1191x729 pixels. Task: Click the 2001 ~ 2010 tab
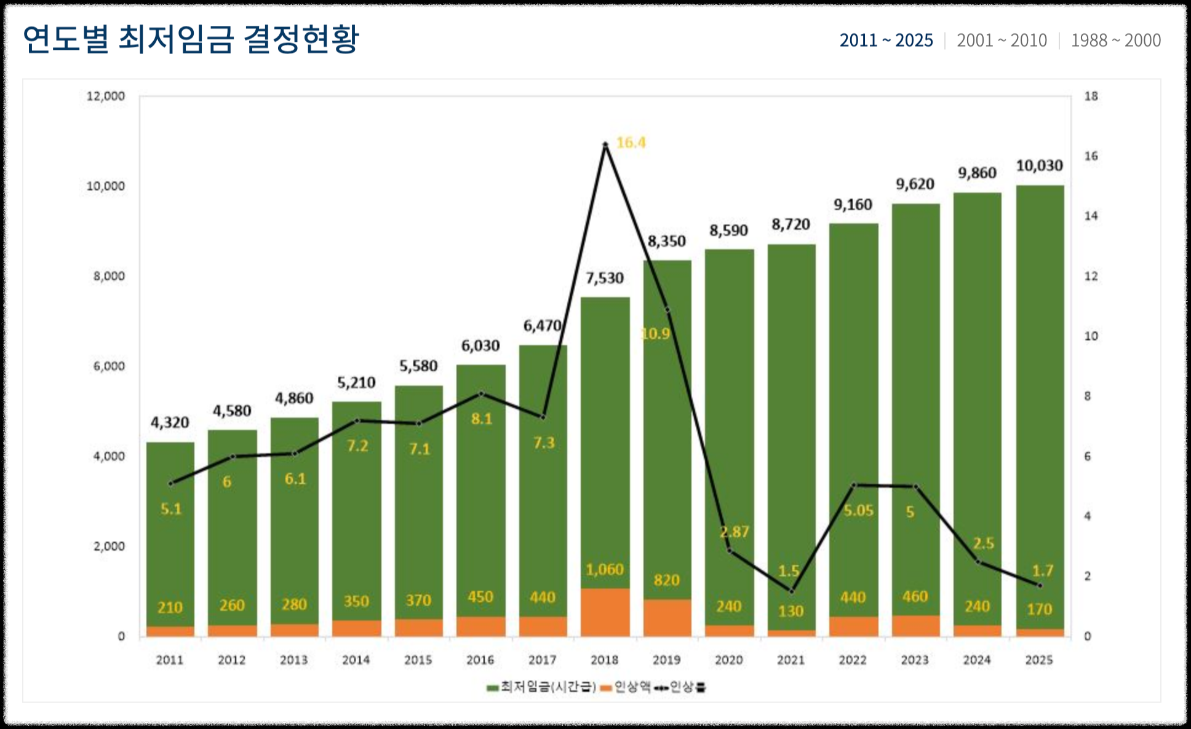click(1002, 41)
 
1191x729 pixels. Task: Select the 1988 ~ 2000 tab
click(1115, 41)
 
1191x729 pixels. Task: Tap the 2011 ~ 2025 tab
click(886, 41)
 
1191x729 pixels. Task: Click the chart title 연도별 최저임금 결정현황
click(191, 39)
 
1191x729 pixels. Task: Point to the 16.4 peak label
click(631, 143)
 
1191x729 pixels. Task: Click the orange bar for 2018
click(605, 612)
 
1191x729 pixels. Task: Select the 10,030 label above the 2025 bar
click(1039, 166)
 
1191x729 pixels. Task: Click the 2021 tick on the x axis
click(791, 660)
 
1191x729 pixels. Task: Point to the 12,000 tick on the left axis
click(105, 97)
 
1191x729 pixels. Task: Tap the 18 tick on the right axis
click(1091, 97)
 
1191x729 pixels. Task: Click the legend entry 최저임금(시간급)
click(541, 687)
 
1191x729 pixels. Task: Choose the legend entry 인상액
click(626, 687)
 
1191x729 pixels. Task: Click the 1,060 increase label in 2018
click(604, 570)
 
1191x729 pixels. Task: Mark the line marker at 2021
click(792, 591)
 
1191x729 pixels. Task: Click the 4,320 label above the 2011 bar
click(170, 423)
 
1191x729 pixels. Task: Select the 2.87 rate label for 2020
click(735, 532)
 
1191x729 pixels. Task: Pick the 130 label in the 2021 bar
click(791, 612)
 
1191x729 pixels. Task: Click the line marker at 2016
click(481, 393)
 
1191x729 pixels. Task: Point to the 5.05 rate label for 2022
click(858, 511)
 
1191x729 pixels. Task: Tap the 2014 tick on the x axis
click(356, 660)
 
